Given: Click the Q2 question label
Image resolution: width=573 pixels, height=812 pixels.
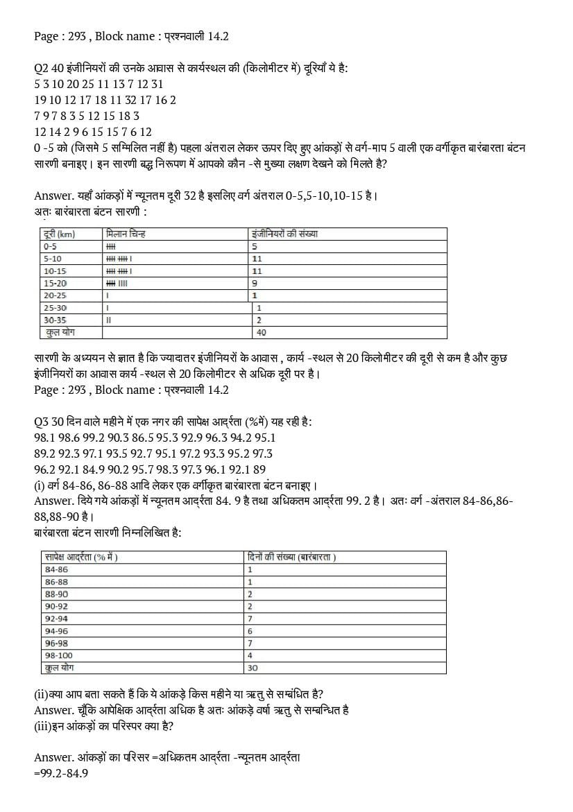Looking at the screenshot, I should click(41, 69).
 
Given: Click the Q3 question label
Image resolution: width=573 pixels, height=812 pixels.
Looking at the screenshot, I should click(41, 422).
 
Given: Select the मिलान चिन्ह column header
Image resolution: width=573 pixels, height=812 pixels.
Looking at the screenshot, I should click(126, 234).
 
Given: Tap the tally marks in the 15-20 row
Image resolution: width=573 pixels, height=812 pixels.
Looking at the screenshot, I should click(117, 283).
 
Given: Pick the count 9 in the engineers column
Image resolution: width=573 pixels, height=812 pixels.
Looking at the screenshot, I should click(255, 283).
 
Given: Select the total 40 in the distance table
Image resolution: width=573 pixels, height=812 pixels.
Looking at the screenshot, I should click(261, 333).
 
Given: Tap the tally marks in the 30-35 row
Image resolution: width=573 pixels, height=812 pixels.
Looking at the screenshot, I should click(108, 320).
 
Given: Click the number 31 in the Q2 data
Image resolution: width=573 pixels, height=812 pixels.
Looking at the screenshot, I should click(157, 84).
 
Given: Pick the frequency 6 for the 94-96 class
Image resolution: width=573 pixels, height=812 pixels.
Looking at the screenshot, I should click(250, 631).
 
